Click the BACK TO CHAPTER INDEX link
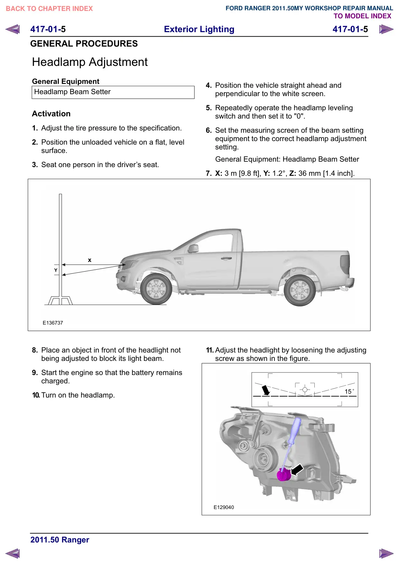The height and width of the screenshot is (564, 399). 49,9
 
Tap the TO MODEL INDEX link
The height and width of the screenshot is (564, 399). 362,16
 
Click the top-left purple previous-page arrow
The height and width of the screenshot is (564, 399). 13,29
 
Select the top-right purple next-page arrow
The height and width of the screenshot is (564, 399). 386,29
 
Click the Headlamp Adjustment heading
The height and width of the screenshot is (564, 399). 90,62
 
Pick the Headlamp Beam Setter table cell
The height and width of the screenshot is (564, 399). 113,92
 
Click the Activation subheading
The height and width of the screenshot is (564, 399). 51,114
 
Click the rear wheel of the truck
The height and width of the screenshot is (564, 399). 300,290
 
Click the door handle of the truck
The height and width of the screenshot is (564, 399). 226,258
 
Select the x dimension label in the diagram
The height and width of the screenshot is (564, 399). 90,260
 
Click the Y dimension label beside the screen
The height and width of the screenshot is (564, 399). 56,270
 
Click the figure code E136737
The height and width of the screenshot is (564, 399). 53,323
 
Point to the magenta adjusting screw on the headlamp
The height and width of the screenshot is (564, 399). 283,474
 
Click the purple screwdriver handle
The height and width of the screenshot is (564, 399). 295,431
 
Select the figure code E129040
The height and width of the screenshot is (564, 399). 224,507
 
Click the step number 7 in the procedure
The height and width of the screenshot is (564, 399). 209,174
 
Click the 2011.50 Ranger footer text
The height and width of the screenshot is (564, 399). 60,540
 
